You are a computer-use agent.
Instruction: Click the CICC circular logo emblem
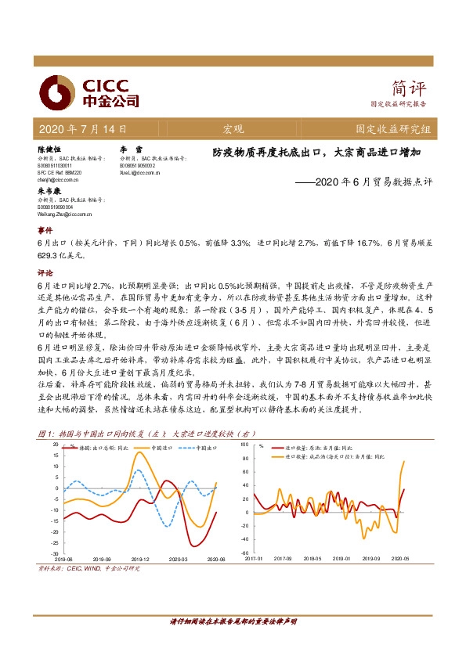[56, 92]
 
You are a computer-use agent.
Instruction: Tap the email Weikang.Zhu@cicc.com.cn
[65, 214]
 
